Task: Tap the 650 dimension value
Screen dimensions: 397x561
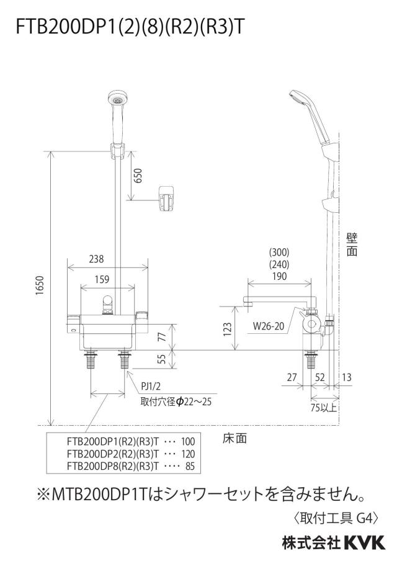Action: pos(138,175)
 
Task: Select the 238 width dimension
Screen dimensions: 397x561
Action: pos(96,259)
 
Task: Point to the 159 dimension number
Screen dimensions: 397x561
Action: pos(102,279)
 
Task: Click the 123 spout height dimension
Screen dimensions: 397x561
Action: pos(228,330)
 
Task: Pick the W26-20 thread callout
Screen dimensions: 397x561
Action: pos(269,326)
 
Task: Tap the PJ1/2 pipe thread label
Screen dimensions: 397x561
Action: pos(151,386)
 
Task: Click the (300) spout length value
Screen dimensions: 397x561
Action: pos(279,252)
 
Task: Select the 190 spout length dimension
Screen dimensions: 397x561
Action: pos(279,276)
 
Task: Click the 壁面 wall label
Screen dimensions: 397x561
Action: pos(352,245)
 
